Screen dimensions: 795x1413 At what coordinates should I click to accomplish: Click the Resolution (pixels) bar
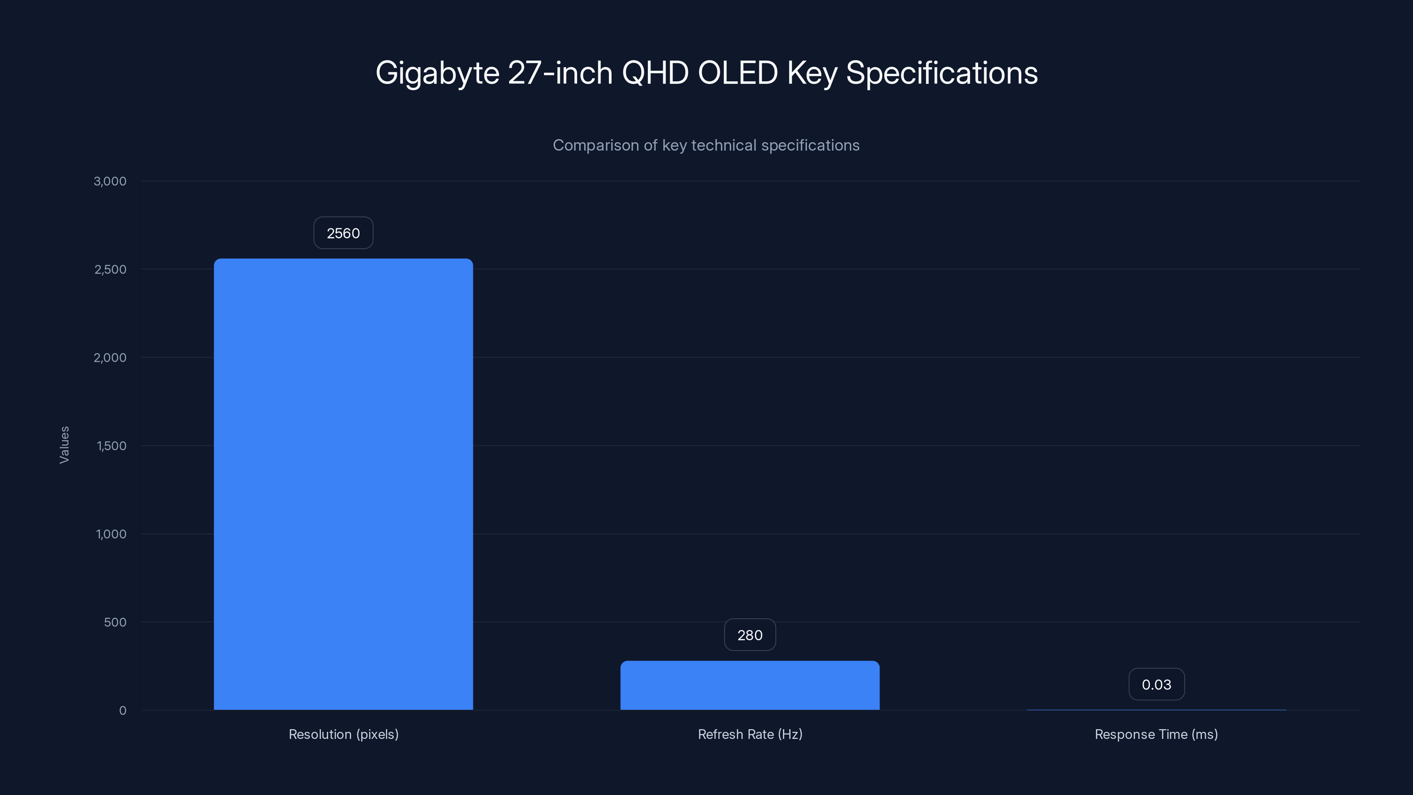pos(344,484)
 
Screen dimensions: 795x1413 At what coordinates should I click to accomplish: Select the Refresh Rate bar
pos(750,685)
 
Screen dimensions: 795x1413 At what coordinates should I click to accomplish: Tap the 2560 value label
pos(344,233)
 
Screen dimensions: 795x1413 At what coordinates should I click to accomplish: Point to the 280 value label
pos(750,636)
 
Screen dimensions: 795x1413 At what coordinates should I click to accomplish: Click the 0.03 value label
pos(1156,685)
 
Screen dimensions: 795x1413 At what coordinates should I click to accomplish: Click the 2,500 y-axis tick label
pos(110,269)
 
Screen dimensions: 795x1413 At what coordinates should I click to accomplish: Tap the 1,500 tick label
pos(111,446)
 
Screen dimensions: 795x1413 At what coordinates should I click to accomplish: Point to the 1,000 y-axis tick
pos(111,534)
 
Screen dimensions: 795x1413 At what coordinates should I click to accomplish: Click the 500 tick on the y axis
pos(115,622)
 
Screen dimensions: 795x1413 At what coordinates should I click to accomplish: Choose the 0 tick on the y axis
pos(123,711)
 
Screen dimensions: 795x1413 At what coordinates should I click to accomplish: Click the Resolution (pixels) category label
pos(344,734)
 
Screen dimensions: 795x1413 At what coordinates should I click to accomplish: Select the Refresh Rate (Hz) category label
pos(750,734)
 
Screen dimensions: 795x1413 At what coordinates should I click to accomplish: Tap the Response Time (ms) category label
pos(1156,734)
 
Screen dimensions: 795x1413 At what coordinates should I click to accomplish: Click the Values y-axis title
pos(65,445)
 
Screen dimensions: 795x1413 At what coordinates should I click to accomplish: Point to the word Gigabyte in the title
pos(437,73)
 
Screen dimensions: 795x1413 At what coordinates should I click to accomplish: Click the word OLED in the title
pos(737,73)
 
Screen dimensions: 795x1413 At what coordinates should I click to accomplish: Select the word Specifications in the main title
pos(942,73)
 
